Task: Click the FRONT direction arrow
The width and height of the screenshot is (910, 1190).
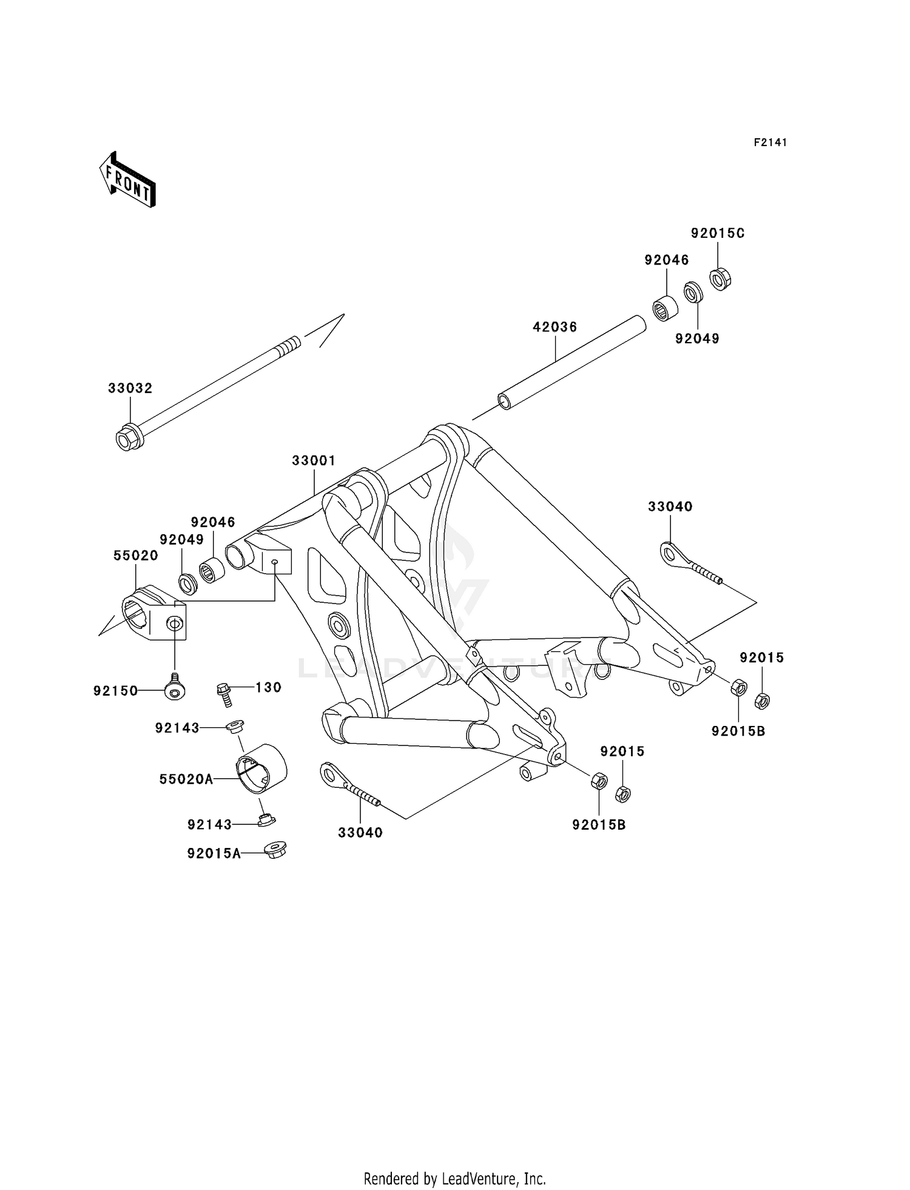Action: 128,180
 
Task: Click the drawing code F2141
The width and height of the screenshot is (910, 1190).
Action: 770,143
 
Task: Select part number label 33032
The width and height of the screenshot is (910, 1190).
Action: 130,388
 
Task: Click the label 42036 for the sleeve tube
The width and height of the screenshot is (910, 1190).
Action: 554,327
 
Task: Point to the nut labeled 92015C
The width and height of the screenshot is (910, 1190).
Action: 720,278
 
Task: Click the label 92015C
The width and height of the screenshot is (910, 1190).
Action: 717,234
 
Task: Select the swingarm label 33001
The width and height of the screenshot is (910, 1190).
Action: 313,461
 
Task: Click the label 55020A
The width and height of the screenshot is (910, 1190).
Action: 186,779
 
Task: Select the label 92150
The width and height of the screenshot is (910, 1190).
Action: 115,691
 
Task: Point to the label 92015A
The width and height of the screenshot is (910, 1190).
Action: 214,854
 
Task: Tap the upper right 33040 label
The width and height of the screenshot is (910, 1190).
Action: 670,507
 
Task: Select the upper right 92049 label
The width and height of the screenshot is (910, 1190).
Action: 697,339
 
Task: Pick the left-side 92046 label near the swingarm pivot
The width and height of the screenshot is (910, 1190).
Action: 212,522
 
